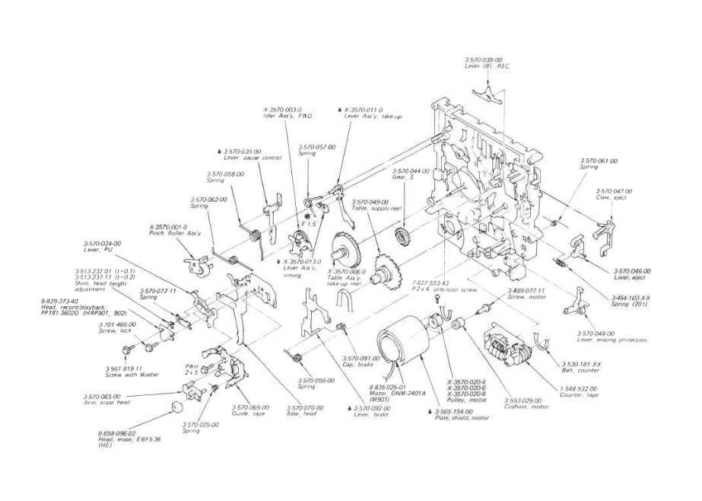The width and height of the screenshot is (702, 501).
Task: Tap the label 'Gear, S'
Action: tap(403, 177)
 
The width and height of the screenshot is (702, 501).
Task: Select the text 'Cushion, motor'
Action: tap(526, 407)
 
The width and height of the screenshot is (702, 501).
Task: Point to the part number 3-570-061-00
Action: tap(599, 161)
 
